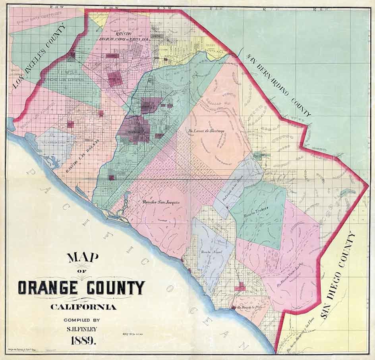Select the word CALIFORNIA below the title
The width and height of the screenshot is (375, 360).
pos(83,307)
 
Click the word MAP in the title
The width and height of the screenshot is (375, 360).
pos(83,258)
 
